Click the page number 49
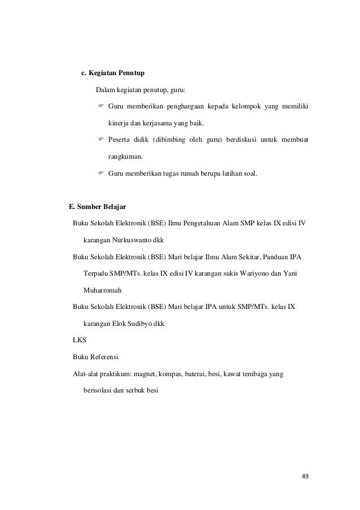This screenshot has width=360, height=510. [305, 476]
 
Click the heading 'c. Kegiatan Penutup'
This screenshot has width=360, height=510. [113, 73]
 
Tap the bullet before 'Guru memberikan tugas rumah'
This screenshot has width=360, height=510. [101, 173]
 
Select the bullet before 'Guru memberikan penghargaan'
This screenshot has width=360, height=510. [101, 107]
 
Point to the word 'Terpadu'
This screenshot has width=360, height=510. [95, 274]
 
